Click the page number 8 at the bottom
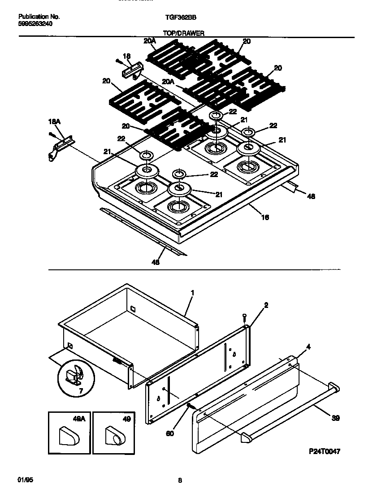tap(180, 480)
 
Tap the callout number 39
tap(335, 418)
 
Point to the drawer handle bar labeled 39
tap(287, 411)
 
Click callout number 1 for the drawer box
tap(192, 293)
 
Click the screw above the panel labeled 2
tap(244, 316)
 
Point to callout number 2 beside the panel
tap(266, 305)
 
